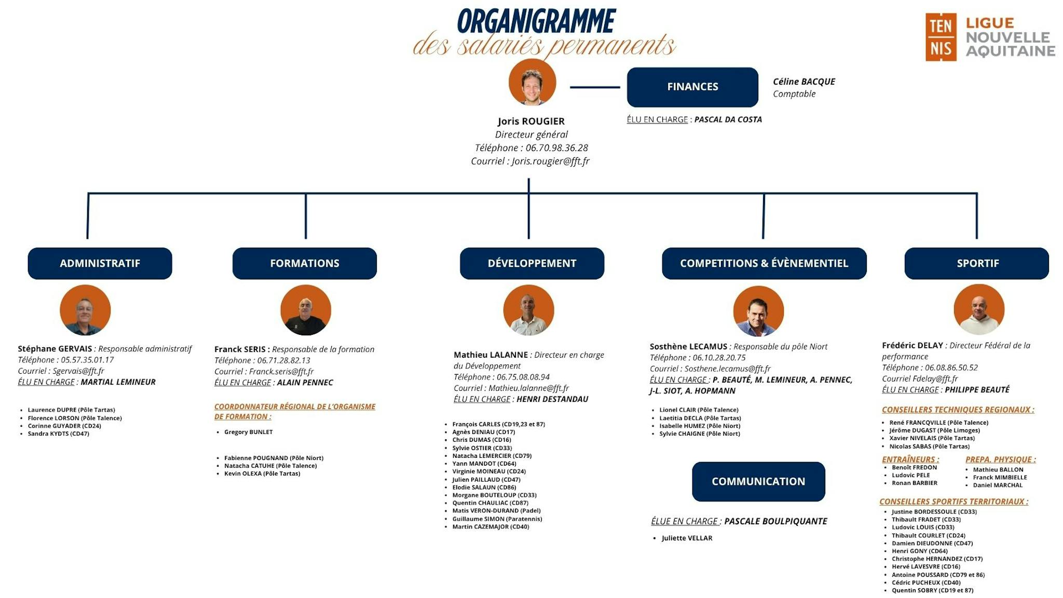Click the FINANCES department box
(x=692, y=87)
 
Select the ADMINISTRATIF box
(x=100, y=263)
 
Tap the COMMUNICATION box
(x=758, y=481)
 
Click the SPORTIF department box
(x=977, y=263)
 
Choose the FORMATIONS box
(x=304, y=263)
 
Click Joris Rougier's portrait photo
(x=532, y=82)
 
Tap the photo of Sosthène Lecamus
(x=758, y=311)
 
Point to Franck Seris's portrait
(x=306, y=310)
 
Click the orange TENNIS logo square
(x=940, y=37)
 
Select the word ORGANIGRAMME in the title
(x=536, y=22)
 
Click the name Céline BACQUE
(x=803, y=81)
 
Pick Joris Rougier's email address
(x=550, y=161)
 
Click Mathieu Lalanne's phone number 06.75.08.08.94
(x=523, y=377)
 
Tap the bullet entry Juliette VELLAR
(x=686, y=538)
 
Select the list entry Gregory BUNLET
(x=248, y=432)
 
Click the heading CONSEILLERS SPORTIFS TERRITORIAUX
(x=953, y=501)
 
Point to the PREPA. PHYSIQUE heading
(x=1000, y=459)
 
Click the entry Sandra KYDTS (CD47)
(x=58, y=433)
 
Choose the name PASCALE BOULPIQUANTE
(x=775, y=521)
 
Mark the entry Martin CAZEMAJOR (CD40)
(x=490, y=526)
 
